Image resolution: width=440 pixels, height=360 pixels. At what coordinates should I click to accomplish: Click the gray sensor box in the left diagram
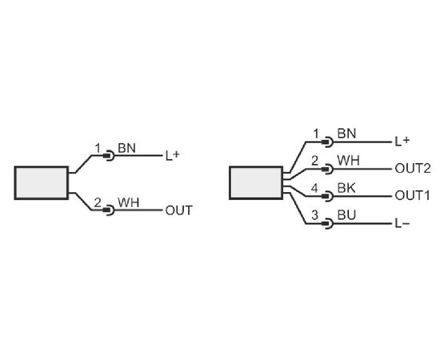point(42,183)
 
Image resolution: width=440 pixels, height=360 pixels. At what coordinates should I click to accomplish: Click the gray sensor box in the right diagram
point(256,183)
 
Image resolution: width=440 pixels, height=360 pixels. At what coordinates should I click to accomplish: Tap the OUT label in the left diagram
point(178,210)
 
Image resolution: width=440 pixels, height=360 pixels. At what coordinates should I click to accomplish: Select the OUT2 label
point(413,168)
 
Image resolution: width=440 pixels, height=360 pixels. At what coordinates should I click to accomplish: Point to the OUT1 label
point(412,195)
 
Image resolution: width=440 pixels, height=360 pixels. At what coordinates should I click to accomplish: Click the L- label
point(402,224)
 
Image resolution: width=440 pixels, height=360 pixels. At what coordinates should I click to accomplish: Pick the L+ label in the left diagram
point(172,155)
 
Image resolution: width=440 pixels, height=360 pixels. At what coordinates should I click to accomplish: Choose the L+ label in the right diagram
point(402,142)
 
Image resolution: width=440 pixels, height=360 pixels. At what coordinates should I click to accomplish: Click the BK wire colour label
point(346,188)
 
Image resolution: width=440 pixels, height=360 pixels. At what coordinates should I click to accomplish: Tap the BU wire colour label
point(346,215)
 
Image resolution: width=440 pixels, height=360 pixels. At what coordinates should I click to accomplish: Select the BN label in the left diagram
point(126,148)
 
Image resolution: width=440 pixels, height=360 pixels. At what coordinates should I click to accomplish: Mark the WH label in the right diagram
point(348,161)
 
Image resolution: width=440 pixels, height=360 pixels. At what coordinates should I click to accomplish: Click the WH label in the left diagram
point(128,202)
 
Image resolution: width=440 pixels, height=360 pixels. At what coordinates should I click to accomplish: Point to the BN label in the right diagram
point(346,134)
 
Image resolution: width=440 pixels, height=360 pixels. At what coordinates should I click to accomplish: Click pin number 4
point(314,188)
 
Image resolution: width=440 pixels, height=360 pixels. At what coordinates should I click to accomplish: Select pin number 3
point(314,215)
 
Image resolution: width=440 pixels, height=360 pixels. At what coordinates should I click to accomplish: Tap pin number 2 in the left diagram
point(97,202)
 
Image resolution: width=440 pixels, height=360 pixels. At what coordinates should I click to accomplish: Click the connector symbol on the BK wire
point(327,196)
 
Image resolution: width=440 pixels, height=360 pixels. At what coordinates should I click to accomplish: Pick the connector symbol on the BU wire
point(327,224)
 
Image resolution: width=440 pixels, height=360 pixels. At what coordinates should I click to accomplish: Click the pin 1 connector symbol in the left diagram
point(109,155)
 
